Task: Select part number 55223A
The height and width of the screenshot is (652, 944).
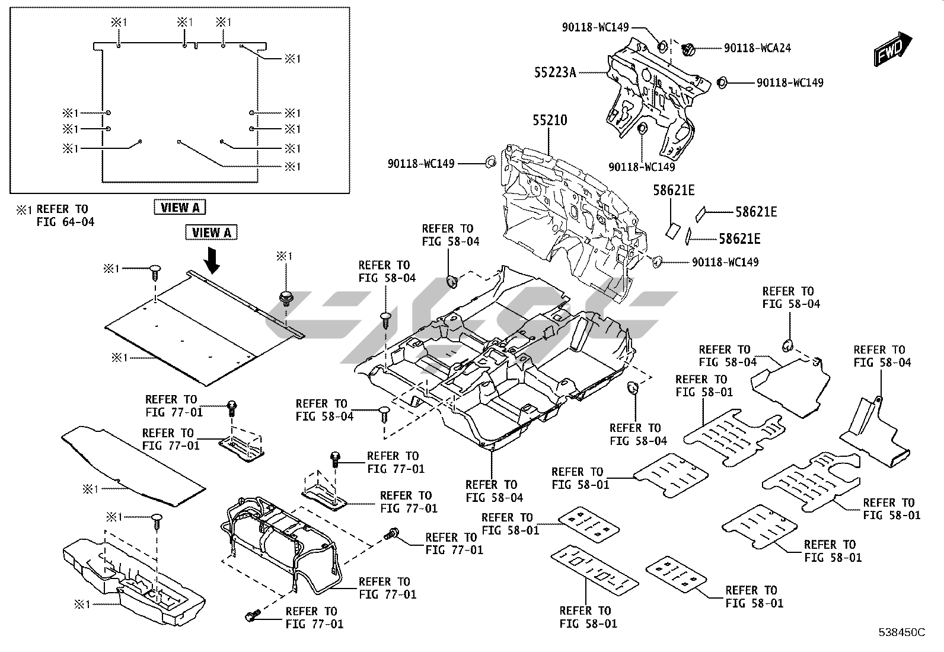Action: tap(554, 72)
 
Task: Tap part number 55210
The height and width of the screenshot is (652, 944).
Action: tap(549, 120)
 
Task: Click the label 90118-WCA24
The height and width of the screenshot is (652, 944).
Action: tap(757, 48)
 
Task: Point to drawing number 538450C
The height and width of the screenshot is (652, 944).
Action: tap(901, 632)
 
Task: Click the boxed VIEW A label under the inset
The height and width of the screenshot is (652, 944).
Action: tap(180, 207)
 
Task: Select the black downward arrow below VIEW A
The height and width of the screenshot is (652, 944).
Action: tap(211, 260)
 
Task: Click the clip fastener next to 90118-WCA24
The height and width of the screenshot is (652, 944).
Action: tap(690, 49)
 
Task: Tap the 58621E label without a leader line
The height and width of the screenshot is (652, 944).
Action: tap(674, 190)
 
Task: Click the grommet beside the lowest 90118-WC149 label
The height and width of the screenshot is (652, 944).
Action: tap(656, 261)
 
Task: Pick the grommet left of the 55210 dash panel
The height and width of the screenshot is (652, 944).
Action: tap(490, 162)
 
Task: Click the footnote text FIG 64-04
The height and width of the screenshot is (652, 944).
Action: tap(65, 222)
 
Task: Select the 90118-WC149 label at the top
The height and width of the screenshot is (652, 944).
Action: tap(595, 27)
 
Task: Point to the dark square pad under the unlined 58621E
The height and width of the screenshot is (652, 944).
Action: tap(672, 231)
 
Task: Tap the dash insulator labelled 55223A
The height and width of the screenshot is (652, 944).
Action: tap(652, 95)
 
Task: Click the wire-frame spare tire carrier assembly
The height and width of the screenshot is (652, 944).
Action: tap(279, 540)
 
